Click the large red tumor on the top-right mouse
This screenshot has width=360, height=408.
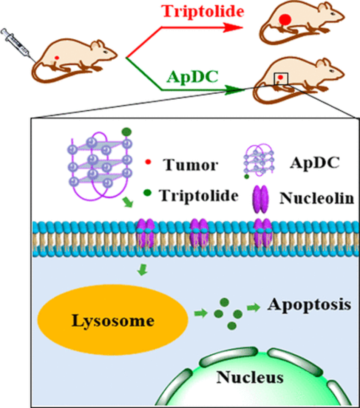coord(285,19)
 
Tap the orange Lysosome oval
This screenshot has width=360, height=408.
coord(113,321)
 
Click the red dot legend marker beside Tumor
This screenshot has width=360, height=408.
coord(148,163)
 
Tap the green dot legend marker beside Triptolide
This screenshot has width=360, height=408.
coord(148,193)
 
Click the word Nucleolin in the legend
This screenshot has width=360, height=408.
coord(317,198)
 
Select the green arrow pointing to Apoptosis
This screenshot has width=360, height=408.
coord(253,308)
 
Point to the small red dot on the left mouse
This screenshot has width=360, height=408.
coord(57,57)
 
